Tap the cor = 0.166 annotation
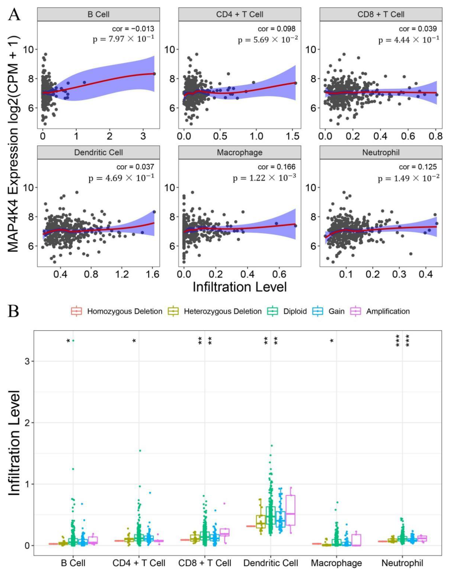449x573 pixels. click(276, 167)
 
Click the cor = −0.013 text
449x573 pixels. click(133, 29)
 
